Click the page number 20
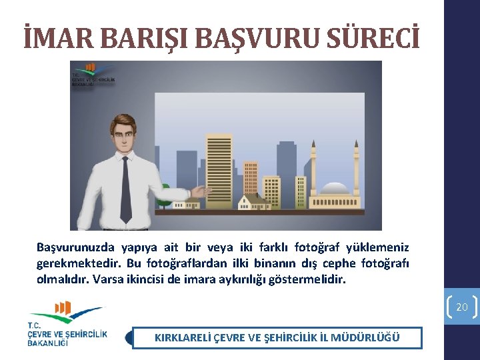[x=462, y=307]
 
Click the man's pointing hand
[x=198, y=193]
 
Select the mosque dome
[x=335, y=188]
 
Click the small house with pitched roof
[x=253, y=199]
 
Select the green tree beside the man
[x=163, y=193]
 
